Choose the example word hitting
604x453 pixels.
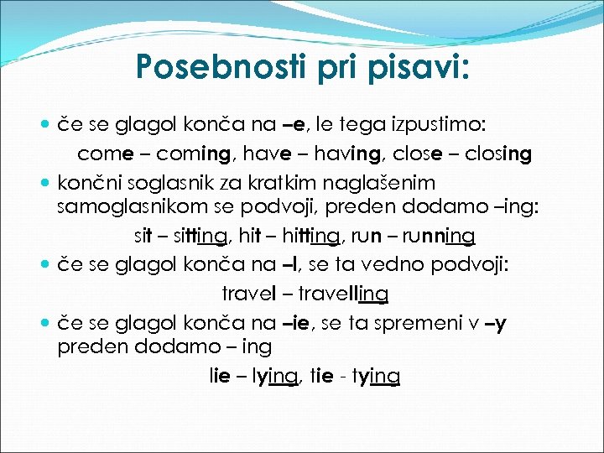tap(308, 236)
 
